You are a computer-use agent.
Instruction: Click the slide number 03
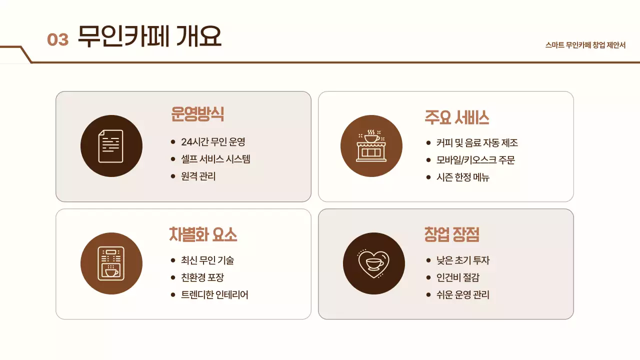(x=57, y=39)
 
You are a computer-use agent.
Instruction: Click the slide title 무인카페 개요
(x=149, y=36)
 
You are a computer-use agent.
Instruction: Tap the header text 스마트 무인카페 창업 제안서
(x=585, y=45)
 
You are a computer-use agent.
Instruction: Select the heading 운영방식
(x=197, y=114)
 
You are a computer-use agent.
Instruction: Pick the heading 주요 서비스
(x=456, y=117)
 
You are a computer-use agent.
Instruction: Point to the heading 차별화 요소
(x=203, y=234)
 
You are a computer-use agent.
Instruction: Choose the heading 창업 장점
(x=452, y=234)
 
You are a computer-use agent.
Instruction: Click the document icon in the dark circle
(x=111, y=146)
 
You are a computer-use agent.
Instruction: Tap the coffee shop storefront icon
(x=371, y=146)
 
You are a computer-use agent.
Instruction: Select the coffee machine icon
(x=111, y=263)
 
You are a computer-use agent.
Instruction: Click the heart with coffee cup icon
(x=373, y=263)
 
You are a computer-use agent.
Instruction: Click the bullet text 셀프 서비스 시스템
(x=215, y=159)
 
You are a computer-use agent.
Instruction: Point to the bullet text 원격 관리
(x=198, y=176)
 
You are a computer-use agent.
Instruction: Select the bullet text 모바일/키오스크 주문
(x=475, y=160)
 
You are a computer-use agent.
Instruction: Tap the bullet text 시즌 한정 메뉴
(x=462, y=177)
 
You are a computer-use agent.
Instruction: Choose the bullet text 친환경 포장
(x=202, y=277)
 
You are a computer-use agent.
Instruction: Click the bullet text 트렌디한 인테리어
(x=214, y=295)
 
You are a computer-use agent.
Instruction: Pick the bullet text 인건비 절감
(x=458, y=277)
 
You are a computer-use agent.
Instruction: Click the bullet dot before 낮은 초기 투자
(x=428, y=260)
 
